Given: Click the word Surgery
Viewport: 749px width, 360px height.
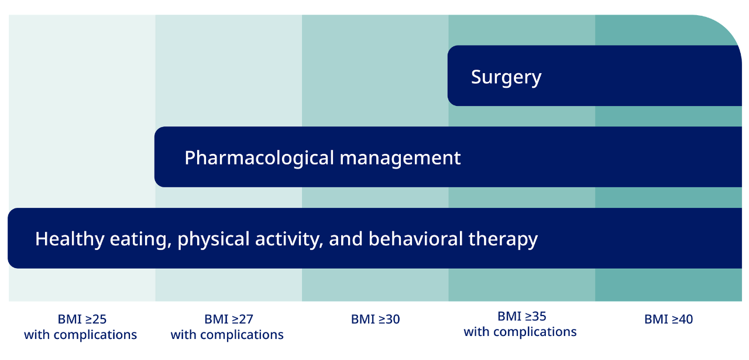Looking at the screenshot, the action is pos(506,78).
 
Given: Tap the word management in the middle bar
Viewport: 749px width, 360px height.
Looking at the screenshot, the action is pos(400,158).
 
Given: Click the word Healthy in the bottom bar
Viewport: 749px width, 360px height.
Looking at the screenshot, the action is pos(70,239).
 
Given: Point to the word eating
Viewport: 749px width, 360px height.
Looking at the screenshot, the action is pos(138,239).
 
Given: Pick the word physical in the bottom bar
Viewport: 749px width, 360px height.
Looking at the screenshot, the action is pos(214,239).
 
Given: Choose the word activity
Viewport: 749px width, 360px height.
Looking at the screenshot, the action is pos(289,239).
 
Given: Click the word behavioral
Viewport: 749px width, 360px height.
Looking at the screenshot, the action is pos(415,239).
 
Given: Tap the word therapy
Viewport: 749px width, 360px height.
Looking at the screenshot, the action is pos(503,239).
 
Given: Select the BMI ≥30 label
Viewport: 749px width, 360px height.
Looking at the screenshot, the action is pos(375,319).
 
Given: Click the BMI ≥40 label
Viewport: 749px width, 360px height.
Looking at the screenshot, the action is pos(668,319).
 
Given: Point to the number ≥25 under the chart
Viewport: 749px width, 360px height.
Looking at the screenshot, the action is pos(96,319).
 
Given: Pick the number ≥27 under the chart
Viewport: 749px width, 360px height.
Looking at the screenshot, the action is pos(243,319).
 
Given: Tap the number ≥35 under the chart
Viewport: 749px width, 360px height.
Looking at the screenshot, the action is pos(536,316).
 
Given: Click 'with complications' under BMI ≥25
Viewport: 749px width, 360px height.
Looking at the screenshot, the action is pos(80,335).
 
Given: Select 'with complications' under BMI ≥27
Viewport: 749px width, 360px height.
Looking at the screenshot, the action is pos(227,335).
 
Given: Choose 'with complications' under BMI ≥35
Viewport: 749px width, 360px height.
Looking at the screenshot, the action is pos(520,332).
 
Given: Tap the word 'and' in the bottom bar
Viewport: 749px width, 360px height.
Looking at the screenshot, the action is pos(346,239).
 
